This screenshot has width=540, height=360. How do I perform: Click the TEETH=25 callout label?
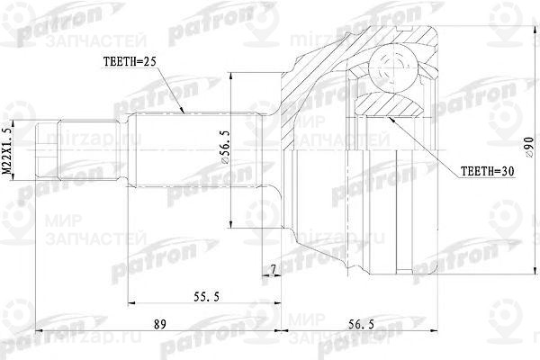(x=127, y=62)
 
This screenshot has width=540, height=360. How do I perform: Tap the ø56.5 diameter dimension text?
(x=236, y=156)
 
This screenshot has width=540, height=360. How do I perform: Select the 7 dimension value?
(x=272, y=270)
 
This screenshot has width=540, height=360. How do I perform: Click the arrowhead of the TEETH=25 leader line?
(x=186, y=113)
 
